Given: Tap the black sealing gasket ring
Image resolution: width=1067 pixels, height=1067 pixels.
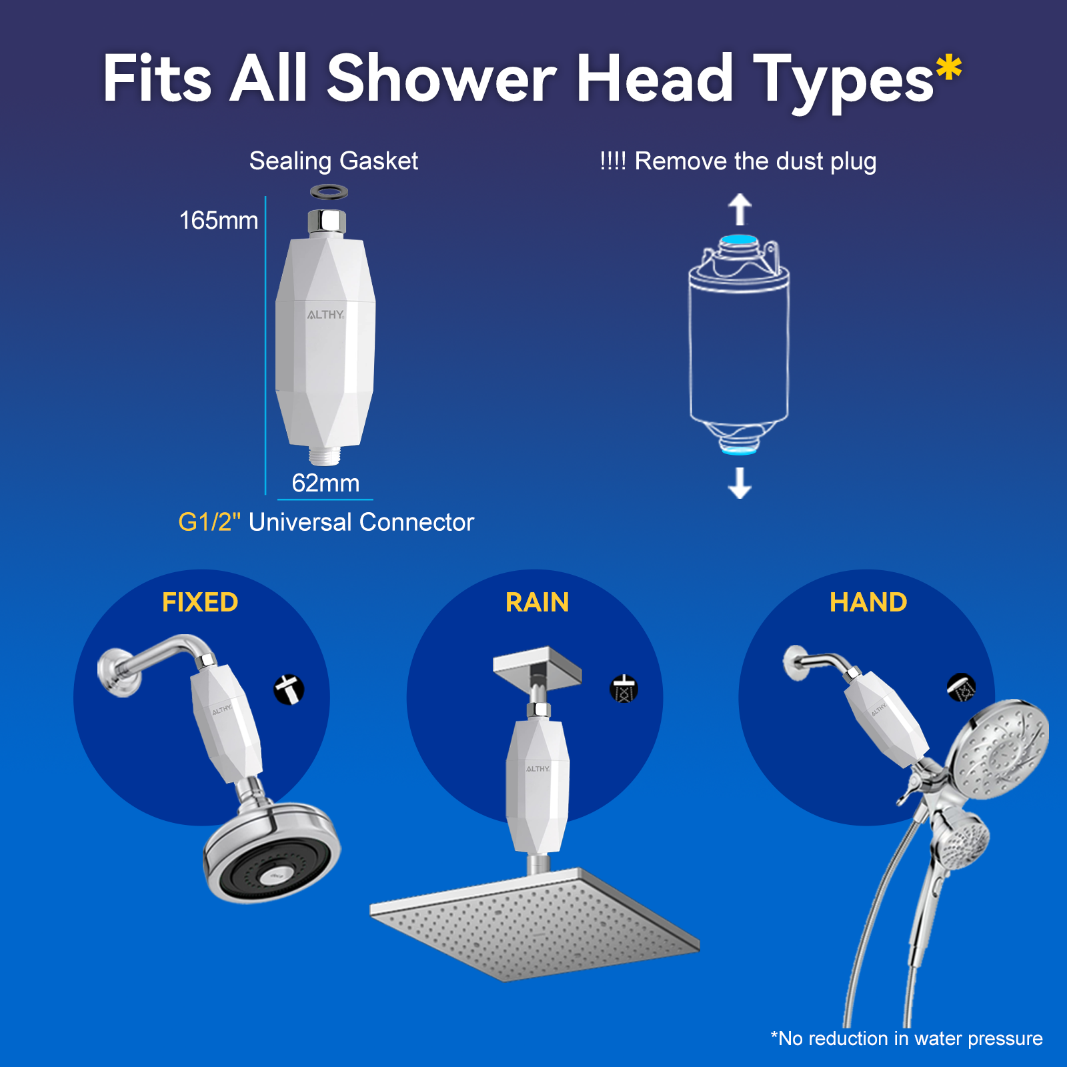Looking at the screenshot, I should coord(329,192).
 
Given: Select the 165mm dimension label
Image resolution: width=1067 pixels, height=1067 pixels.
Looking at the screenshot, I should coord(218,221).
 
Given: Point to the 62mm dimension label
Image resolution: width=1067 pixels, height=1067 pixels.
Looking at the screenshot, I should coord(325,483).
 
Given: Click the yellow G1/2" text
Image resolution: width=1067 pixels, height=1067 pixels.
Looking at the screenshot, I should coord(209,522).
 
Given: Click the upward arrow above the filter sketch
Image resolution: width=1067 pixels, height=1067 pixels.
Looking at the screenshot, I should coord(740,209).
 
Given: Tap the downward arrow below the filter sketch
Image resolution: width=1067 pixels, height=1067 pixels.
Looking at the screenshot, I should coord(740,483).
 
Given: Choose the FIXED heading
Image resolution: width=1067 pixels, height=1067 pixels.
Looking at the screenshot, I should coord(200,602).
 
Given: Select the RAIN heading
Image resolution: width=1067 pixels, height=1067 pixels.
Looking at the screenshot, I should coord(537,602).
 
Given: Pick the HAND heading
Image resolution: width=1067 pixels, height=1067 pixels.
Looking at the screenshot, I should coord(868,602).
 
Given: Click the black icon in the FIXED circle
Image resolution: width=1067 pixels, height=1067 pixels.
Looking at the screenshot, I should coord(289,690).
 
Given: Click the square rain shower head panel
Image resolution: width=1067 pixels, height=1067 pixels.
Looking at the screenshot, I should coord(533,924).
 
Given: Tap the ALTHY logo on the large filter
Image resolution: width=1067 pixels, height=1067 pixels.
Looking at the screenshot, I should coord(325,315).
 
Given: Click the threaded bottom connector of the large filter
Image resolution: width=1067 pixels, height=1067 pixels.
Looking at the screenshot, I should coord(325,455).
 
